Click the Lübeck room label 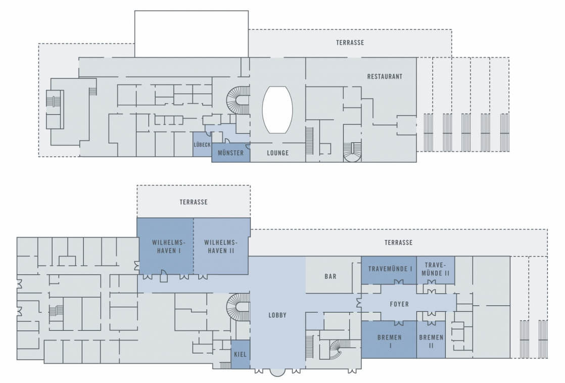click(x=202, y=145)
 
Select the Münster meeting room click(x=230, y=153)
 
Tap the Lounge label click(x=278, y=153)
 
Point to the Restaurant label click(x=385, y=76)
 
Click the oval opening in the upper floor click(x=277, y=110)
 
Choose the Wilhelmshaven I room click(x=166, y=246)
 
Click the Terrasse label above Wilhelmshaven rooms click(x=194, y=202)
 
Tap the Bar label click(x=331, y=276)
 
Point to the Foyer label click(x=399, y=304)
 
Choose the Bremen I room click(x=389, y=340)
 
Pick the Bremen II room click(x=431, y=340)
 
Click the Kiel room click(x=241, y=354)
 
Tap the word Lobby click(x=277, y=315)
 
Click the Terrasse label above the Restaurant click(x=350, y=42)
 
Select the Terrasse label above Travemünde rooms click(x=398, y=243)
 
